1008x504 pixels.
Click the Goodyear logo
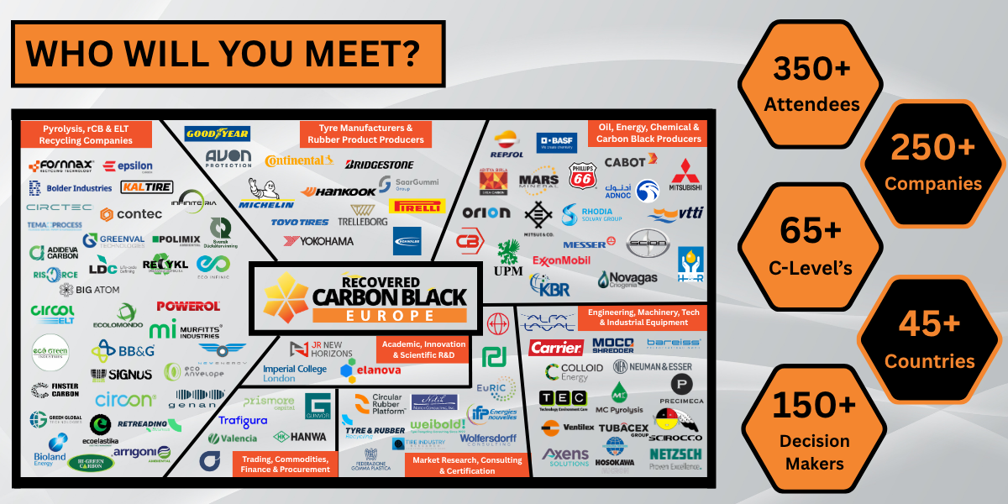coord(218,134)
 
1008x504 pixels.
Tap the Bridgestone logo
coord(379,164)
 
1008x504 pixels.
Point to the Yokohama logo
coord(319,241)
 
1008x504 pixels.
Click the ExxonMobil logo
coord(561,260)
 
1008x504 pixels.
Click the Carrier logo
coord(556,348)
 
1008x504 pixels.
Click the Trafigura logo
coord(243,421)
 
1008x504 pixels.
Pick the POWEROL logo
coord(188,307)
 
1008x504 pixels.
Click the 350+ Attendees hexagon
coord(810,84)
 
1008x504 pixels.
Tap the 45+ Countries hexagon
coord(929,340)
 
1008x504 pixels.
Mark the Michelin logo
coord(266,195)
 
